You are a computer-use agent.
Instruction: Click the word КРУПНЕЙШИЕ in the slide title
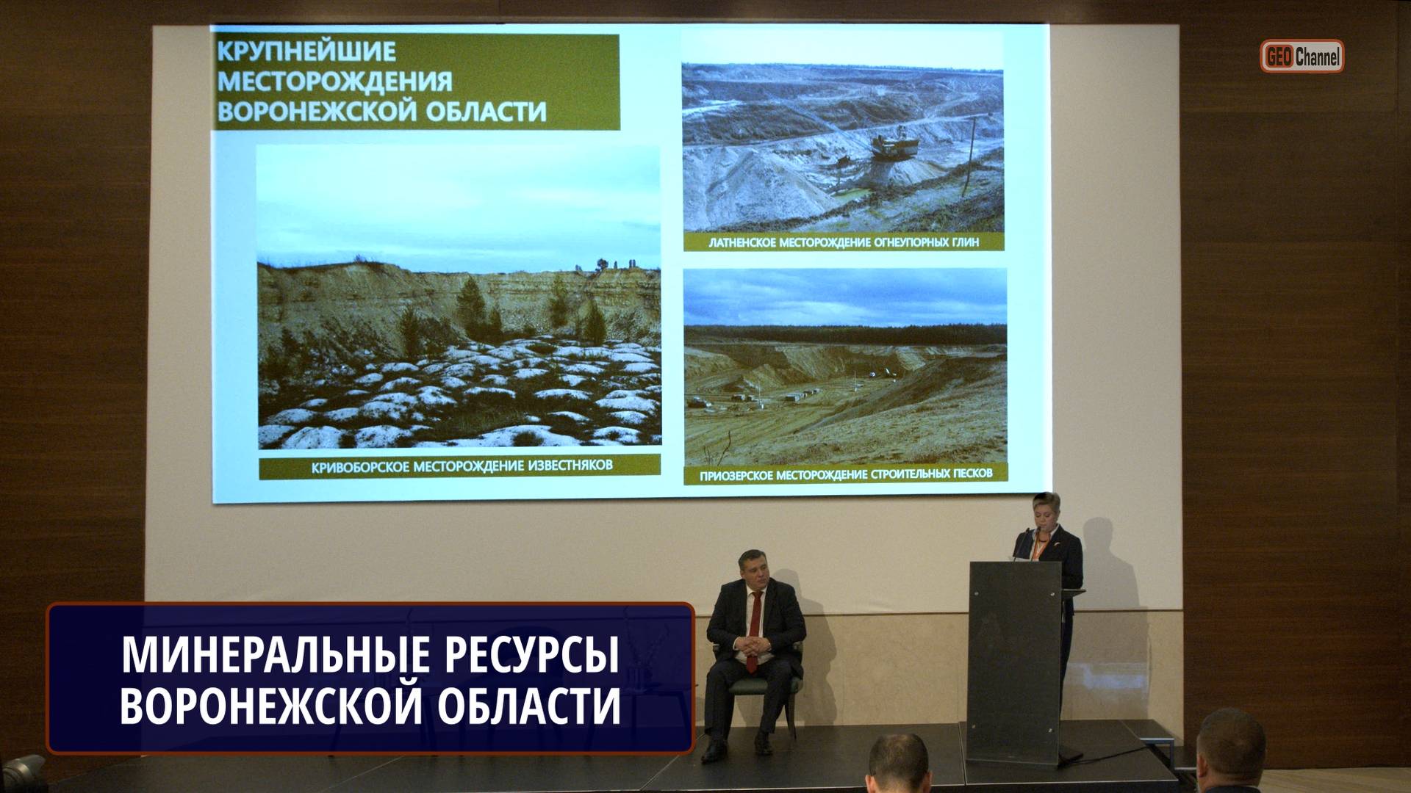point(306,51)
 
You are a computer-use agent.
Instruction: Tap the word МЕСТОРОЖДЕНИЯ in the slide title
point(334,81)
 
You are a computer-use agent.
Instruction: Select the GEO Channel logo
point(1302,57)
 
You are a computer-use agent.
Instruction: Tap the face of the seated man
point(755,571)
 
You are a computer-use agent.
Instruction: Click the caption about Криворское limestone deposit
point(461,466)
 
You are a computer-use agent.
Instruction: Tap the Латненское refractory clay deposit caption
point(843,242)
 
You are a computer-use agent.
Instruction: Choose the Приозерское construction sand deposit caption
point(845,474)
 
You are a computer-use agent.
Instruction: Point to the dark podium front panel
point(1014,661)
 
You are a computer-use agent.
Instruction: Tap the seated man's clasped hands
point(753,646)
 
